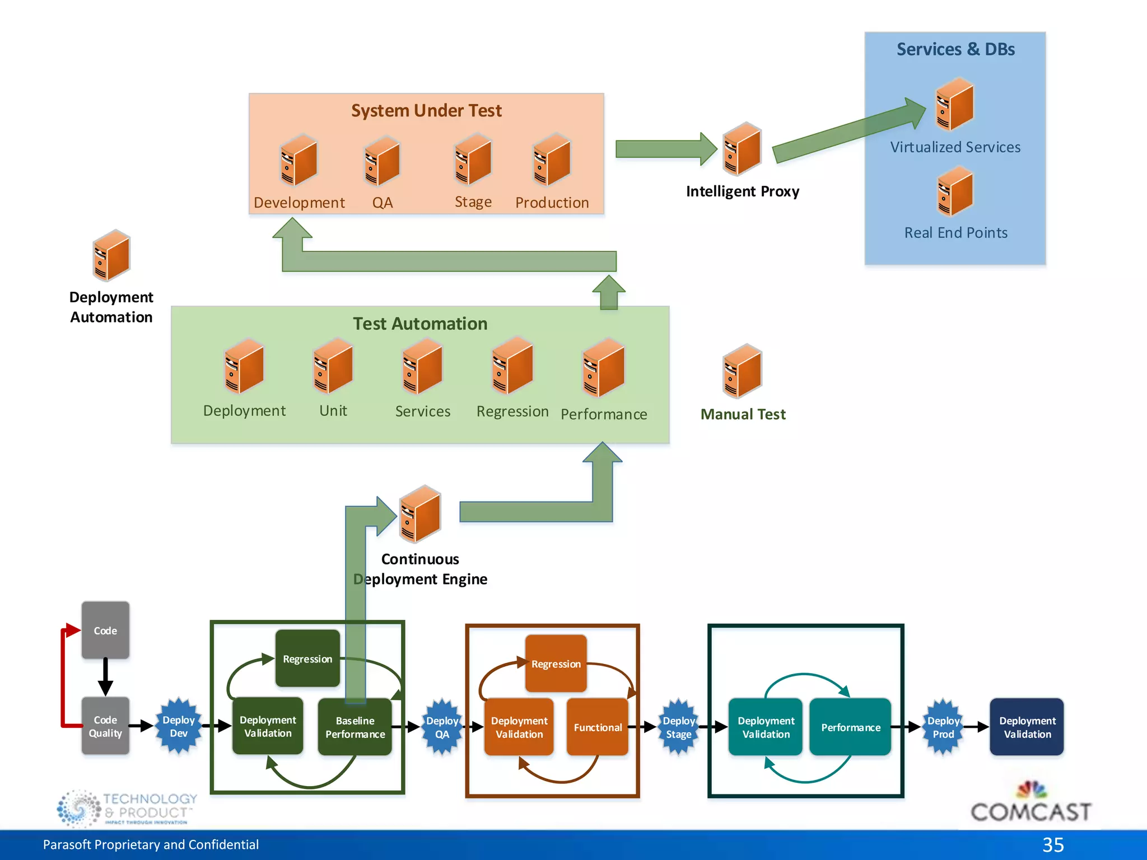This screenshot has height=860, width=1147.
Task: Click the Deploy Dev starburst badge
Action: coord(178,727)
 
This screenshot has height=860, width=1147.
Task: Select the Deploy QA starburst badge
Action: coord(442,727)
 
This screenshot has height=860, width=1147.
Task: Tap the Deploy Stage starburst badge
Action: coord(678,727)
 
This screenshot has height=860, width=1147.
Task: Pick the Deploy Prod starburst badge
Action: coord(943,727)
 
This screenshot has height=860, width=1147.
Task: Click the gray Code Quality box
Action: coord(105,726)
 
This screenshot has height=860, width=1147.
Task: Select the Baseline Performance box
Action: coord(355,727)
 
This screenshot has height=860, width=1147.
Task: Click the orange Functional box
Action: coord(597,727)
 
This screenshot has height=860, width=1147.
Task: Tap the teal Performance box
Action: coord(850,727)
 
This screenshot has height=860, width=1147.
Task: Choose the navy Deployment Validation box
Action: coord(1027,727)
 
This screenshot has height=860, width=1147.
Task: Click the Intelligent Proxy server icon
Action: coord(742,149)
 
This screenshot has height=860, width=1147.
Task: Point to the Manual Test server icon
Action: coord(742,371)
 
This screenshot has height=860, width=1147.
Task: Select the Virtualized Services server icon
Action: coord(955,105)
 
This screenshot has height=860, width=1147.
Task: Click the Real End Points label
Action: coord(955,233)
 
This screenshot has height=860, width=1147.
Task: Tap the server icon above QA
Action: coord(383,161)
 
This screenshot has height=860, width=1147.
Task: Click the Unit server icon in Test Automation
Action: coord(333,367)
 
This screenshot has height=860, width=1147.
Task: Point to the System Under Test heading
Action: coord(426,111)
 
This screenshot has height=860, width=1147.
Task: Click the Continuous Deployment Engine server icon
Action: coord(420,514)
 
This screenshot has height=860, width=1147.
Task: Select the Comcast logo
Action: coord(1031,803)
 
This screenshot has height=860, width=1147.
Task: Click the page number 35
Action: coord(1053,844)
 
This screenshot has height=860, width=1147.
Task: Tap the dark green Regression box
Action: coord(307,658)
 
